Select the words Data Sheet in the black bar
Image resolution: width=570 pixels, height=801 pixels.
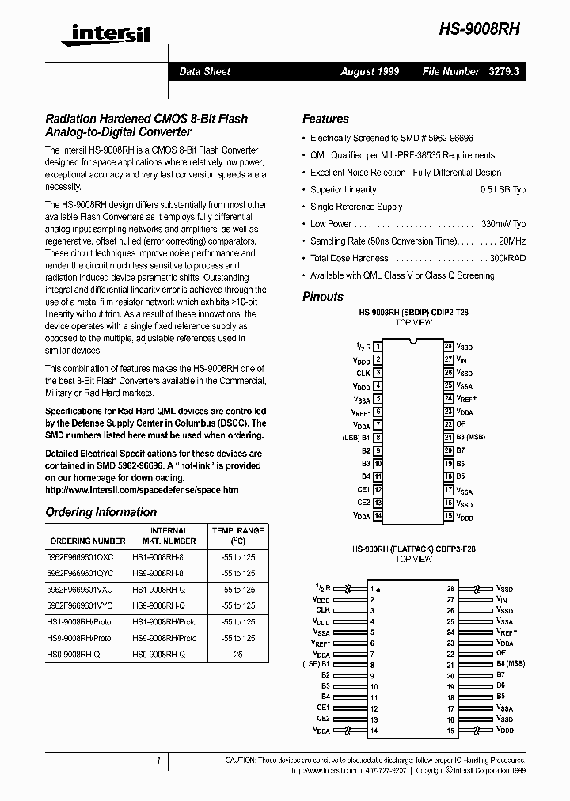pos(204,71)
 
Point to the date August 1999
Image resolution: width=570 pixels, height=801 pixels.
pos(370,71)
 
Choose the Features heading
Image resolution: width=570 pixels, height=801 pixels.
pos(325,119)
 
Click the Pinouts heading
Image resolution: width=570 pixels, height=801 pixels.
pos(323,297)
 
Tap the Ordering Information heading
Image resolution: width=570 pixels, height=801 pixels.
pos(101,512)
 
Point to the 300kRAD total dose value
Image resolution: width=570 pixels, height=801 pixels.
pos(507,258)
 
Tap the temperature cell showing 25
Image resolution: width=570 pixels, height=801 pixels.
pos(237,655)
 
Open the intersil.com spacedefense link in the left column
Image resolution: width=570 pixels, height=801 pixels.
pos(142,490)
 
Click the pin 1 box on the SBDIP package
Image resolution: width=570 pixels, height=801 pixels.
pos(378,347)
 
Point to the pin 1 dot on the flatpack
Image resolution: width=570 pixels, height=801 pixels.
pos(378,590)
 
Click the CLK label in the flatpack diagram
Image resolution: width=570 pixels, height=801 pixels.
pos(323,610)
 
